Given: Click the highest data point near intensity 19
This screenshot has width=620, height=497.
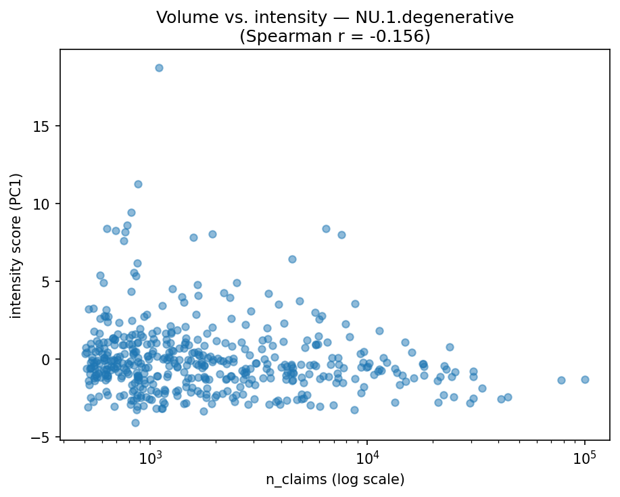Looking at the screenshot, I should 159,68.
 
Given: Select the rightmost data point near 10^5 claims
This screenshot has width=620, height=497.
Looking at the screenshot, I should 585,379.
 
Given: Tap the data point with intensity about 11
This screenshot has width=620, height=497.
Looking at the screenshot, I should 138,184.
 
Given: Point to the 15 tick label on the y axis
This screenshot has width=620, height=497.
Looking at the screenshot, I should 45,126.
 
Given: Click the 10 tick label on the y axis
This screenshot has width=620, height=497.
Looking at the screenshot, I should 45,204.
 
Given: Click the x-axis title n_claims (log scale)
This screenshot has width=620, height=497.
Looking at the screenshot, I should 335,479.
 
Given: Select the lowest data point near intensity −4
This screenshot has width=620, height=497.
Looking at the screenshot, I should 135,423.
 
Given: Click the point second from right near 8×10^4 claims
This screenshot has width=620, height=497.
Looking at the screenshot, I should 561,380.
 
